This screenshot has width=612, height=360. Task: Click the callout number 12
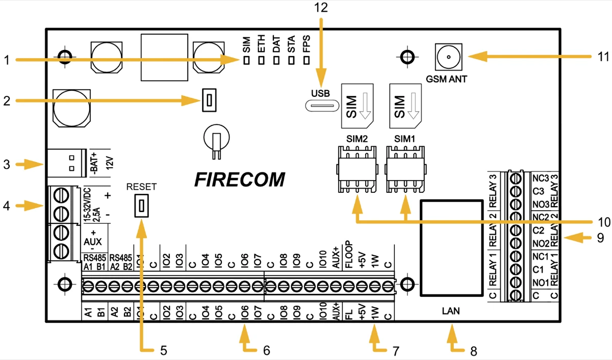(322, 7)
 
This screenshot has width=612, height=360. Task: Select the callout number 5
(163, 350)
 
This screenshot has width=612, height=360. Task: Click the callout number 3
(6, 164)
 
